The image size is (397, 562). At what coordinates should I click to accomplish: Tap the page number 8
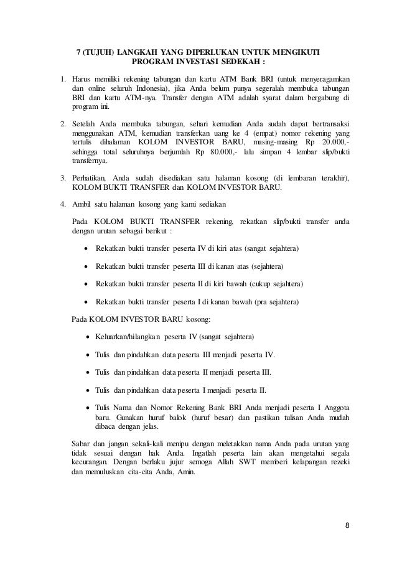pyautogui.click(x=347, y=524)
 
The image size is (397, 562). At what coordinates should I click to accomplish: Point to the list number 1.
pyautogui.click(x=62, y=79)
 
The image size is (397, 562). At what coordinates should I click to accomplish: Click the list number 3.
pyautogui.click(x=62, y=179)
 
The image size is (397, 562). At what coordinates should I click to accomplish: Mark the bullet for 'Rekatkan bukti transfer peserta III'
pyautogui.click(x=86, y=267)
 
